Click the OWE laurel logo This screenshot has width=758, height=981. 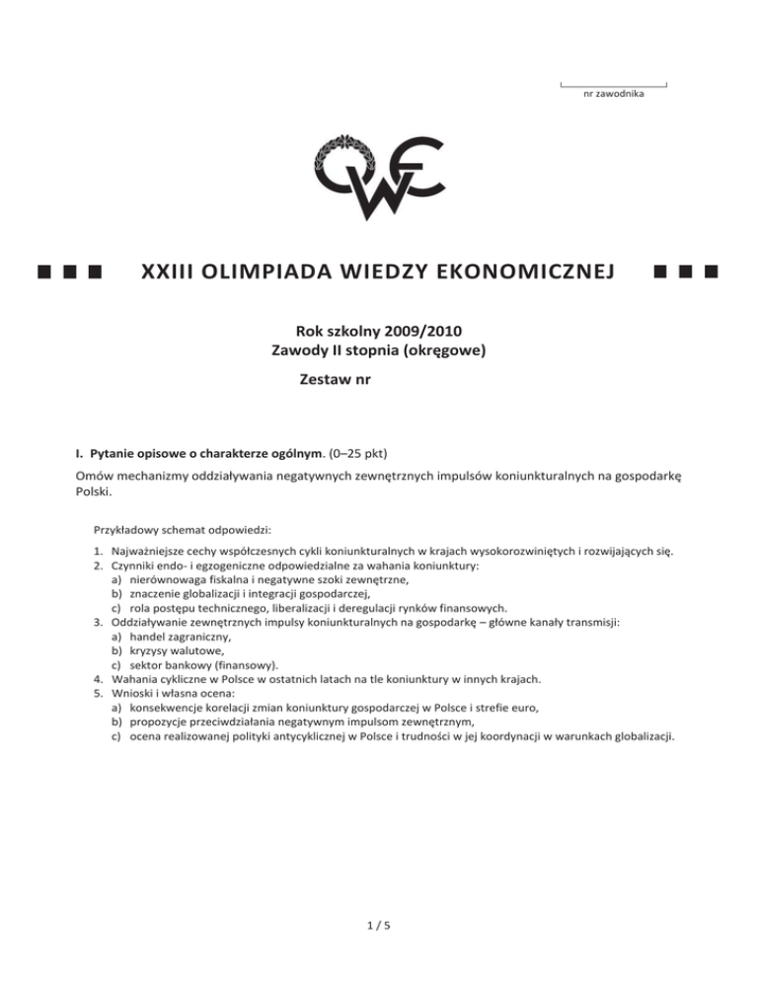(x=378, y=177)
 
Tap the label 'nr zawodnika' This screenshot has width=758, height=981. (x=613, y=95)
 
